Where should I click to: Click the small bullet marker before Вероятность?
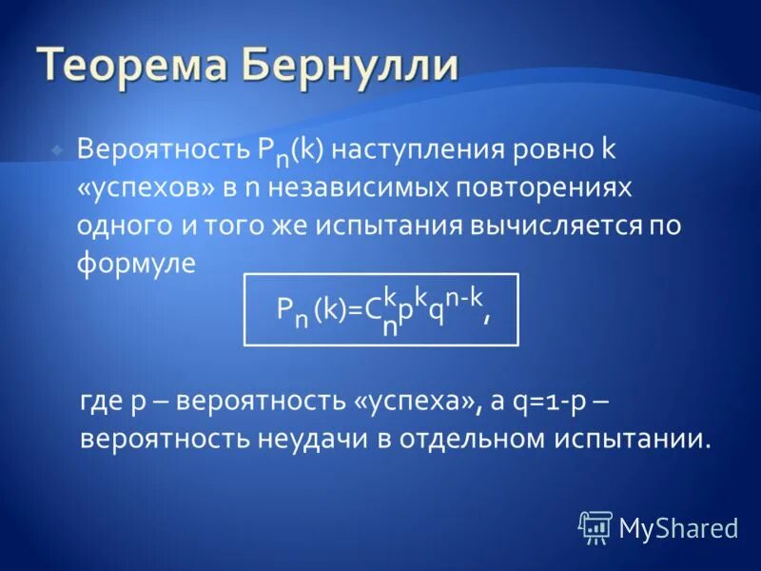58,150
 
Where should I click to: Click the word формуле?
136,264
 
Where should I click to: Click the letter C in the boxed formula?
373,310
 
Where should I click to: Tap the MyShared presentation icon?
595,526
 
